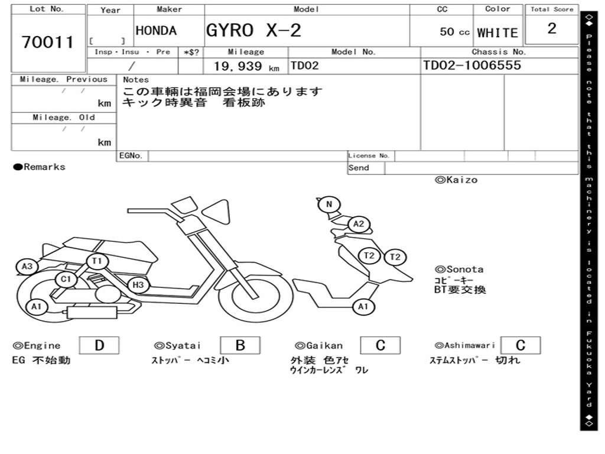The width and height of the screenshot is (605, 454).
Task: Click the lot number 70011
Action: click(48, 42)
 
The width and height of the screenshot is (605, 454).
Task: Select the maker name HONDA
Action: click(156, 31)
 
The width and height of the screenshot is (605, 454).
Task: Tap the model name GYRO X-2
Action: click(253, 30)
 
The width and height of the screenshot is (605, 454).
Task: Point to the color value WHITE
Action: click(497, 33)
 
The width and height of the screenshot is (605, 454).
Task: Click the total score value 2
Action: click(552, 29)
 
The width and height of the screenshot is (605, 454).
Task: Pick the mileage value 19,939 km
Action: click(246, 66)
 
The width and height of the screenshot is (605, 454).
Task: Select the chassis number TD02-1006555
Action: click(472, 66)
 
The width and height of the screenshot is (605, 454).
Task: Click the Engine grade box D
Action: click(99, 345)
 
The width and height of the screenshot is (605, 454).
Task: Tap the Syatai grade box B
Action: click(240, 345)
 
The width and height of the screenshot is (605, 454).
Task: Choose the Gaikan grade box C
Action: click(380, 345)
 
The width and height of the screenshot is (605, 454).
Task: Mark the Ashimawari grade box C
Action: click(520, 345)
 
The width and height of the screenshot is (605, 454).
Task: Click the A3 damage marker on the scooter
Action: click(27, 267)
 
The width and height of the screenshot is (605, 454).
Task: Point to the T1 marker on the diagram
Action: click(97, 261)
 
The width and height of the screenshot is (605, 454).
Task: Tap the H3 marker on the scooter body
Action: click(138, 285)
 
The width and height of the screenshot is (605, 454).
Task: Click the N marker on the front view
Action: click(329, 205)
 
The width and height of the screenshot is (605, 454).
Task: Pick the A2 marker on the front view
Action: click(358, 224)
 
